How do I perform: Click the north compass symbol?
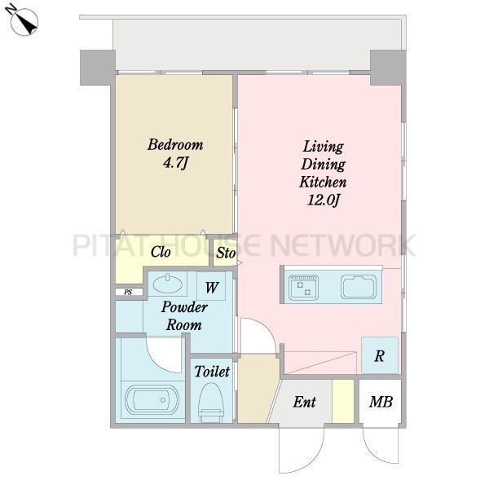(22, 20)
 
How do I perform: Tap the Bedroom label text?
(175, 145)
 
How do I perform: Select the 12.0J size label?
(324, 200)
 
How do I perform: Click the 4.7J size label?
(175, 162)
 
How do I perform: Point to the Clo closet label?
(161, 252)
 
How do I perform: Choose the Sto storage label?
(226, 253)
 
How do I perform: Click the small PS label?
(128, 293)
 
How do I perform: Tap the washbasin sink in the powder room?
(167, 284)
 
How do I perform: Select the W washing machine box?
(211, 286)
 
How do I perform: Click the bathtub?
(152, 400)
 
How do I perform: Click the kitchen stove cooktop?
(303, 288)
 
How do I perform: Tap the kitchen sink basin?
(359, 287)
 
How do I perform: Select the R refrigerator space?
(380, 355)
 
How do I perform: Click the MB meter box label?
(381, 402)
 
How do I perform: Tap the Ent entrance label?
(304, 402)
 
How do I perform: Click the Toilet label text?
(212, 372)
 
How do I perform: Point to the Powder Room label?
(184, 316)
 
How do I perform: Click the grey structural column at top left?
(98, 68)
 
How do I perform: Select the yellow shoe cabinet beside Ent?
(343, 401)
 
